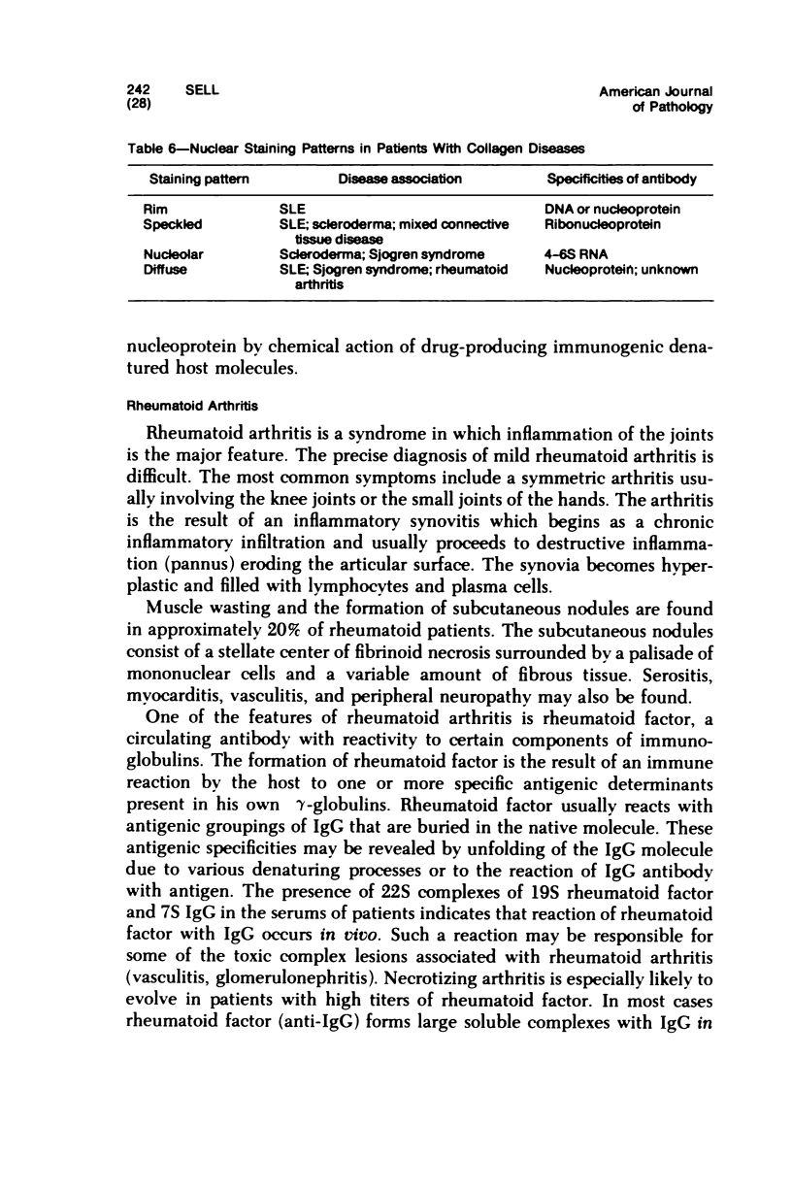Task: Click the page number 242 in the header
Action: [139, 91]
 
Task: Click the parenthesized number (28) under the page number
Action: [140, 106]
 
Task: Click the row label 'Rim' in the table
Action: [153, 210]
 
